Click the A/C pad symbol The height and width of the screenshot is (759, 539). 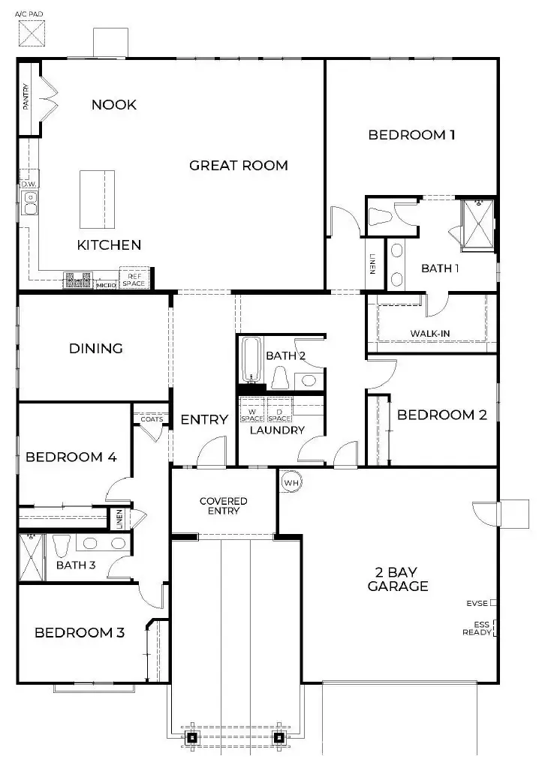[x=31, y=32]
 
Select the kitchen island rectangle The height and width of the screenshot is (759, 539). [x=98, y=199]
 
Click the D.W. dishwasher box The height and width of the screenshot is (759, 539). [x=29, y=184]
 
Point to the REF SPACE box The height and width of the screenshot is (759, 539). [x=135, y=279]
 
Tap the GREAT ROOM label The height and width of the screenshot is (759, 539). [x=238, y=165]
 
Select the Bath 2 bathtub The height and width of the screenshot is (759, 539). [x=251, y=360]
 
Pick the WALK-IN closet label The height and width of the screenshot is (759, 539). [x=430, y=334]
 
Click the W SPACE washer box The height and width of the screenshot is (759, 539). [x=252, y=415]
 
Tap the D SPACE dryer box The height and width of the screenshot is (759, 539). [x=279, y=415]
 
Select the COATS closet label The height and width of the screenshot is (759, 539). [x=151, y=419]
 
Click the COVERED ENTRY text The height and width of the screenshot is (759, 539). [x=223, y=505]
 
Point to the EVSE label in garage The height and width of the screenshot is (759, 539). [x=477, y=602]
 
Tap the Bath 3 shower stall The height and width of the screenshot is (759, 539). [x=31, y=556]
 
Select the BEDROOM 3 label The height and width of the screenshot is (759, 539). [x=80, y=632]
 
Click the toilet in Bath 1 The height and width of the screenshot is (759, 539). [x=382, y=216]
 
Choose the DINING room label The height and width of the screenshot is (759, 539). [x=95, y=348]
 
